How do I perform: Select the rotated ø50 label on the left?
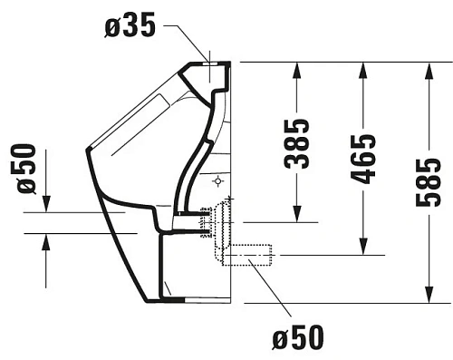pos(26,168)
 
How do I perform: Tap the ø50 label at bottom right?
pos(296,339)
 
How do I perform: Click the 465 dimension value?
pos(362,158)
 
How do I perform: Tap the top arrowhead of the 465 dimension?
pos(362,69)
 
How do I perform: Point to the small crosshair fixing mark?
pos(217,181)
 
